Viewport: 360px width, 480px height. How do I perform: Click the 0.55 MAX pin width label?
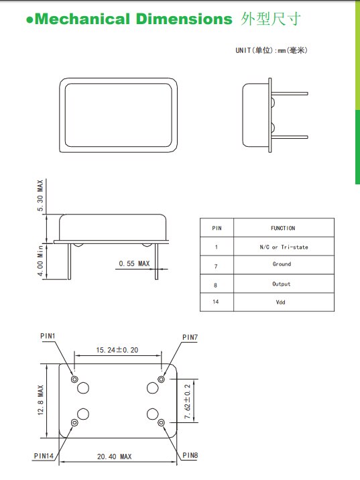pyautogui.click(x=134, y=264)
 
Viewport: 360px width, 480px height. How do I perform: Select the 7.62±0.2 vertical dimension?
pyautogui.click(x=188, y=402)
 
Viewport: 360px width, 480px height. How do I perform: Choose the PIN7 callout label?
pyautogui.click(x=190, y=337)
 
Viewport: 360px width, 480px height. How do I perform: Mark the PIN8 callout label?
pyautogui.click(x=190, y=456)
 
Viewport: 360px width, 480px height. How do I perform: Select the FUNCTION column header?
pyautogui.click(x=282, y=228)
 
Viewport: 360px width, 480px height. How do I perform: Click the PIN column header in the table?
pyautogui.click(x=217, y=228)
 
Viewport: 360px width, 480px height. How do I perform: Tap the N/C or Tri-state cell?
pyautogui.click(x=284, y=247)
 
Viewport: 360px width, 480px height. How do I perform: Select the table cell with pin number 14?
pyautogui.click(x=217, y=302)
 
